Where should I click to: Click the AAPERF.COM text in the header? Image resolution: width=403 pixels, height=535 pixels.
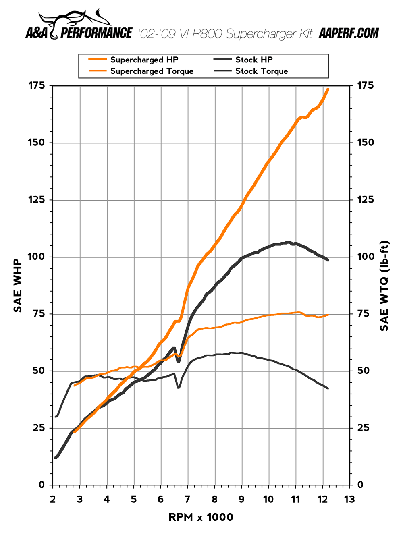pos(349,33)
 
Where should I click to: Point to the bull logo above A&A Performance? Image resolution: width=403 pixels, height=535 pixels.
pos(75,20)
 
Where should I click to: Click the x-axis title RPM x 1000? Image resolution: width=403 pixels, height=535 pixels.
pos(201,517)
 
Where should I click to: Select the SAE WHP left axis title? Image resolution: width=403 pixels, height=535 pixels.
pos(18,285)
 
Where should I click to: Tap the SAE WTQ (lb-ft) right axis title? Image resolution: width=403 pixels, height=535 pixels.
pos(384,285)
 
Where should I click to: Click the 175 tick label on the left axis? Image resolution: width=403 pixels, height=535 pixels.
pos(36,85)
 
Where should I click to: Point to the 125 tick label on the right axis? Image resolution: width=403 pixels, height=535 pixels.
pos(366,200)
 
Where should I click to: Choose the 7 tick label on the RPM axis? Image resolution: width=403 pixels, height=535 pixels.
pos(187,500)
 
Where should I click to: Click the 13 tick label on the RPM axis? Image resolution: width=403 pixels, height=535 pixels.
pos(349,500)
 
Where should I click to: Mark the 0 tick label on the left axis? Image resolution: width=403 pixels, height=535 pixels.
pos(42,485)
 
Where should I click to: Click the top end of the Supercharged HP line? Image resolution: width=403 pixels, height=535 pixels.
pos(328,89)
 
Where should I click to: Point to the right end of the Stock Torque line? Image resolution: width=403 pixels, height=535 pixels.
pos(328,388)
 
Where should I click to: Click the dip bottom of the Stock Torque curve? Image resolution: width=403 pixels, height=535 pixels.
pos(178,388)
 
